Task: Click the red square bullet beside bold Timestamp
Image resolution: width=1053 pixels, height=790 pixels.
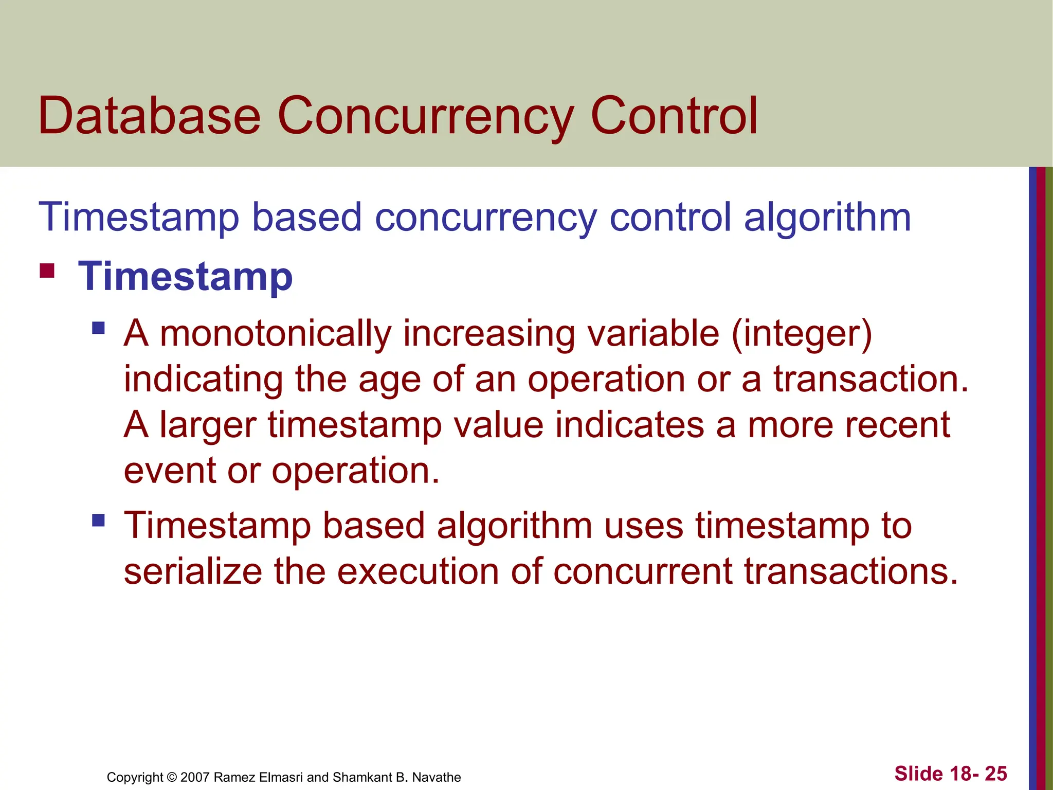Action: coord(47,271)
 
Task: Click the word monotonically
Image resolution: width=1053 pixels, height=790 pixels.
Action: coord(276,334)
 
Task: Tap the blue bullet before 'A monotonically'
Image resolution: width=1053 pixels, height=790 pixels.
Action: coord(98,328)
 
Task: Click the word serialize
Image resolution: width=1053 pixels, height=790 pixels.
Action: coord(193,572)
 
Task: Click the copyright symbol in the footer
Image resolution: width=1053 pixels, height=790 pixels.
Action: coord(172,777)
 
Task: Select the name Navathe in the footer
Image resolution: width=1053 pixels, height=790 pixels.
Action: coord(437,777)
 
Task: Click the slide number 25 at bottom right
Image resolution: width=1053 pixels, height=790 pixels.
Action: coord(996,774)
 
